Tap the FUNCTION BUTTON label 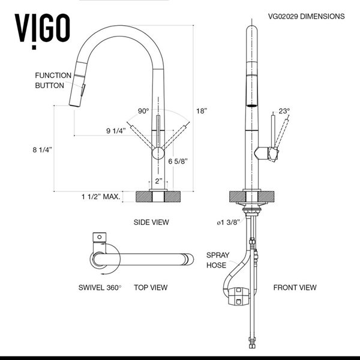[53, 80]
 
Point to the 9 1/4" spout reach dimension [115, 131]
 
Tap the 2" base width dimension [157, 181]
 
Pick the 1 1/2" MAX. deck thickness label [101, 196]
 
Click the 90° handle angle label [143, 111]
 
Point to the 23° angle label [284, 111]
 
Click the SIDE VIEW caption [151, 222]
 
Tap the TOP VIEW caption [150, 287]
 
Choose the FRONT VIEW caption [295, 287]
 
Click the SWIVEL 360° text [100, 287]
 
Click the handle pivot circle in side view [157, 154]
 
